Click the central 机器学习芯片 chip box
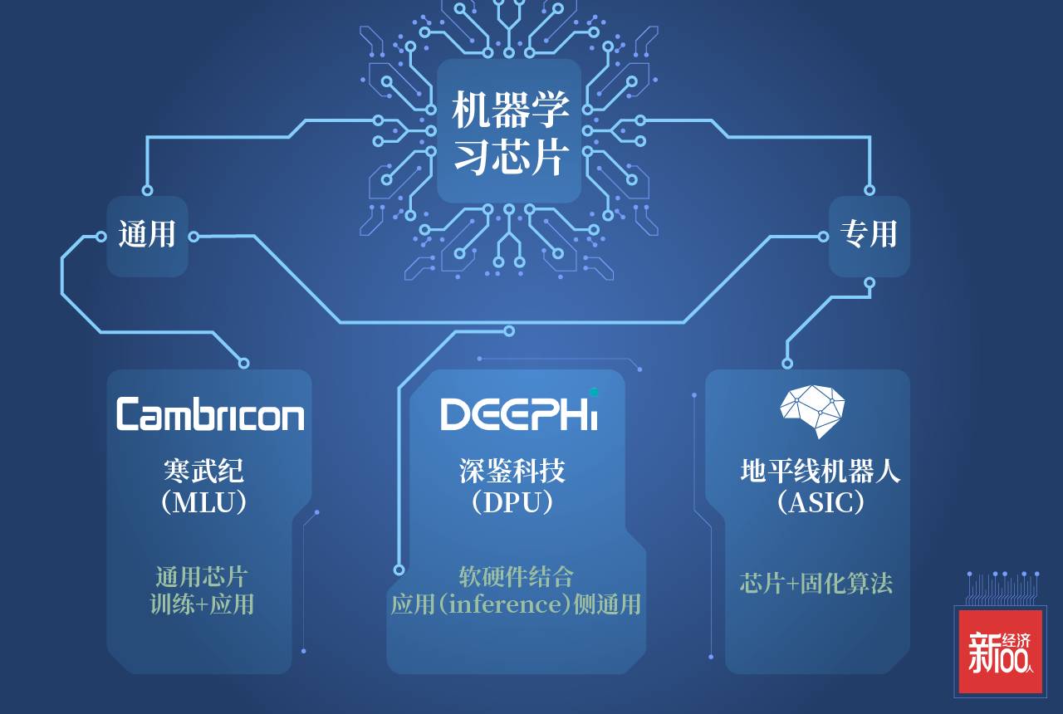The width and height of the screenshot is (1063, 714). coord(509,131)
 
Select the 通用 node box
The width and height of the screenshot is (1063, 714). coord(147,236)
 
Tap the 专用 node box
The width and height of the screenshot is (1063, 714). coord(869,236)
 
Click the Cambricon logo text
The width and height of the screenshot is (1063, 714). coord(210,413)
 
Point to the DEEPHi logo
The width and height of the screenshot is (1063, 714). coord(518,413)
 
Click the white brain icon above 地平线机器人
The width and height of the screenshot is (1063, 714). coord(812,409)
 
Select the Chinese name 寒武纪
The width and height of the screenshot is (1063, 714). coord(204,471)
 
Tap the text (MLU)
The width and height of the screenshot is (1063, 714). coord(204,502)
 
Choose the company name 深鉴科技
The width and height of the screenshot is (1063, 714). coord(512,471)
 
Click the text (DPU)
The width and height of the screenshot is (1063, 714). coord(512,502)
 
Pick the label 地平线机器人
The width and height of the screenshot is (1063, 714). coord(820,471)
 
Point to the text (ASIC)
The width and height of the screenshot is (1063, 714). coord(820,502)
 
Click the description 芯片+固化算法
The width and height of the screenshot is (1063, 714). coord(816,583)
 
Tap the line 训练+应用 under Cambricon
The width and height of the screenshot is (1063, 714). coord(202,604)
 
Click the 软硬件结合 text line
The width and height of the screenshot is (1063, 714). coord(516,576)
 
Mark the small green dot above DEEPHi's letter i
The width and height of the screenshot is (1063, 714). coord(593,391)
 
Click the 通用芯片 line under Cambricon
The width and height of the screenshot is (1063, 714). coord(202,576)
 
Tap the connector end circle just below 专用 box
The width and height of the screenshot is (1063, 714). coord(869,283)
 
